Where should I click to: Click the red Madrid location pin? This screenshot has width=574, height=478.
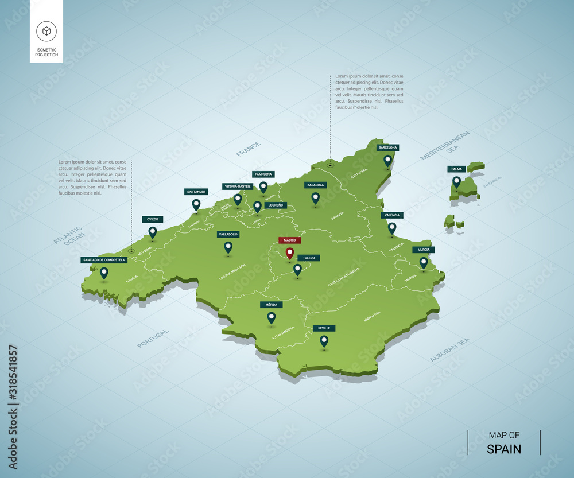tap(290, 252)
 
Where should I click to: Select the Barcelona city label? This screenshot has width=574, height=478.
tap(387, 147)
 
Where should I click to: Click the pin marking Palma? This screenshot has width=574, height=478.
tap(456, 181)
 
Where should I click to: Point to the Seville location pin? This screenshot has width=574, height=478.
tap(324, 341)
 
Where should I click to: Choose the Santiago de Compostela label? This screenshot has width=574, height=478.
tap(103, 260)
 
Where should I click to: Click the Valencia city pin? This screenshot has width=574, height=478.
tap(392, 228)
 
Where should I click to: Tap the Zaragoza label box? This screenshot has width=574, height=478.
tap(315, 185)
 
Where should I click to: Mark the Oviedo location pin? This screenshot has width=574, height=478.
tap(153, 232)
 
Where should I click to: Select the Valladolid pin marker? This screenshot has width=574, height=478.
tap(228, 247)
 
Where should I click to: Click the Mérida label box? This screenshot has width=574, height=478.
tap(271, 305)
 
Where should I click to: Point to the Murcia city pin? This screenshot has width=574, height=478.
tap(424, 262)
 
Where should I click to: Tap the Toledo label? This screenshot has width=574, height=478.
tap(309, 258)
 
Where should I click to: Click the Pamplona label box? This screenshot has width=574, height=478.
tap(263, 174)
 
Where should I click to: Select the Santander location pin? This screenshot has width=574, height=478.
tap(196, 204)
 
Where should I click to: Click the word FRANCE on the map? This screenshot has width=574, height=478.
tap(249, 149)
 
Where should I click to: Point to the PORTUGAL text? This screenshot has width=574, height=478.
tap(153, 339)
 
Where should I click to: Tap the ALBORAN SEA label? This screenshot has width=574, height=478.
tap(449, 349)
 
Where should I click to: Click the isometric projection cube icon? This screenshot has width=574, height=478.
tap(46, 31)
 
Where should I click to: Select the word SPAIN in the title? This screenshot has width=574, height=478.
tap(504, 449)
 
